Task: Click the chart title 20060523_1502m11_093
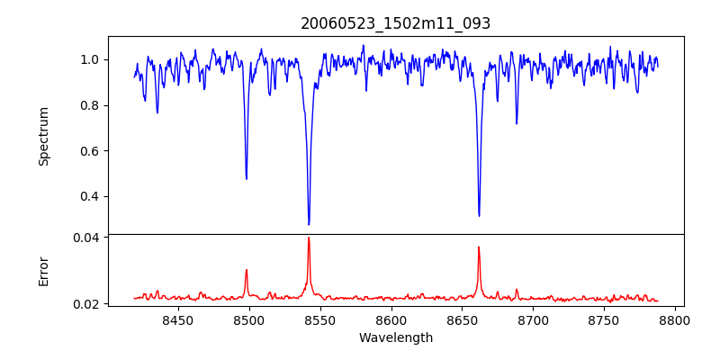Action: click(x=396, y=23)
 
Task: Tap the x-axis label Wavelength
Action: click(x=396, y=338)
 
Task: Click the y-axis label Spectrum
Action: click(x=44, y=136)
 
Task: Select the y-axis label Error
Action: click(x=44, y=271)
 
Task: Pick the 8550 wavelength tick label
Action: click(x=320, y=319)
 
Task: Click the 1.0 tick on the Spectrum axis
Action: click(x=91, y=59)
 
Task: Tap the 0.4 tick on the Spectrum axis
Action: click(x=91, y=196)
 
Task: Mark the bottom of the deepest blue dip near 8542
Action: click(x=309, y=224)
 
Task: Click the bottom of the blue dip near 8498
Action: click(x=247, y=178)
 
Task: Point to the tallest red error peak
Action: click(x=309, y=238)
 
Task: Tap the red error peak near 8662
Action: click(x=479, y=247)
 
